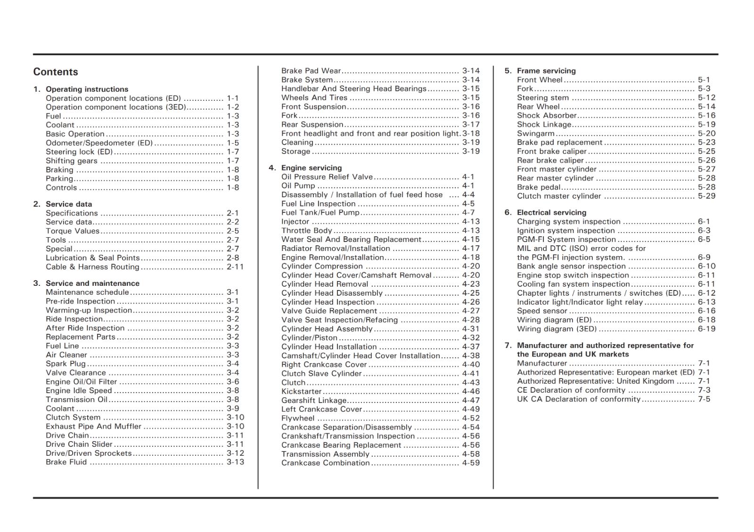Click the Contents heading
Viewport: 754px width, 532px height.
56,72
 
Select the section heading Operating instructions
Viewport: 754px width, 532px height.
87,89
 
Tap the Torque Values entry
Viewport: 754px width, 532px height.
73,231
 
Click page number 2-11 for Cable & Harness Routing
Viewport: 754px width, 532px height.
235,266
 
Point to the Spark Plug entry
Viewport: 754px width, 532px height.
66,363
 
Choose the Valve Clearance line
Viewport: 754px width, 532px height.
75,372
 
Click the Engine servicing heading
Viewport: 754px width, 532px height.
311,168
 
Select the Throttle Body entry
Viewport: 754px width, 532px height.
307,230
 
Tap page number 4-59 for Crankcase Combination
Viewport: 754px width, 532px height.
470,463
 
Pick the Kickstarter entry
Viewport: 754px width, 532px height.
301,391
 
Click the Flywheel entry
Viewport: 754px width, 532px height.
298,418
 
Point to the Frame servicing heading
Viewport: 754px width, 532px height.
546,71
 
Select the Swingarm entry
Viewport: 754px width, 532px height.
536,133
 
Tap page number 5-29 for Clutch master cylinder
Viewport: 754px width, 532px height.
706,196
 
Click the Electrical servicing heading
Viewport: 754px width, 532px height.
551,212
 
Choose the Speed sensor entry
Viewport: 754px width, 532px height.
542,311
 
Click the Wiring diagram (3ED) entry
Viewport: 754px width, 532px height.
557,329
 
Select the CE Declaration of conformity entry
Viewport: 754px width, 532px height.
571,390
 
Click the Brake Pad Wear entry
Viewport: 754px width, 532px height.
311,71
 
